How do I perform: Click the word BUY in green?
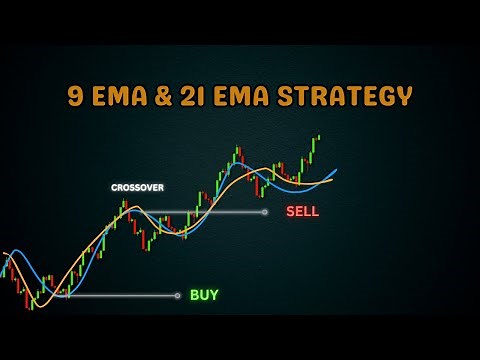click(204, 295)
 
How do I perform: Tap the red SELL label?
click(302, 212)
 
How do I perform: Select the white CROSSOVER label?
click(138, 187)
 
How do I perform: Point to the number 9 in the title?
click(75, 97)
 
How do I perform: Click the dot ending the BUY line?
click(178, 295)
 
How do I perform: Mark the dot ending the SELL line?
click(265, 212)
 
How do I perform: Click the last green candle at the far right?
click(319, 137)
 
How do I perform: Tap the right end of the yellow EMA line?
click(333, 182)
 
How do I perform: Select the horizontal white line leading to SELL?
click(200, 212)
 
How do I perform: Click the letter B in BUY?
click(194, 295)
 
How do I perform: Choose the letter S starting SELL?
click(290, 212)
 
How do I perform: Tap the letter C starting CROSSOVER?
click(114, 187)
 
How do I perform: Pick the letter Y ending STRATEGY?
click(404, 97)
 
